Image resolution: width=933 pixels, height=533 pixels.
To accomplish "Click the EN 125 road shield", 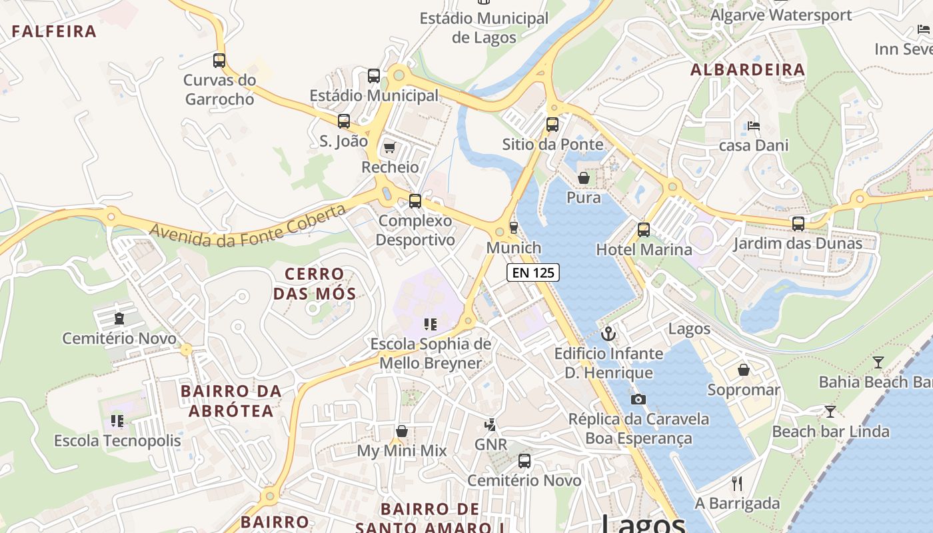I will (x=532, y=272).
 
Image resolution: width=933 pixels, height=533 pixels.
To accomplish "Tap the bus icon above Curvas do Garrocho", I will (x=219, y=60).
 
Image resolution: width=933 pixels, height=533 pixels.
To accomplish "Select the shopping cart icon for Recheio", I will (x=390, y=147).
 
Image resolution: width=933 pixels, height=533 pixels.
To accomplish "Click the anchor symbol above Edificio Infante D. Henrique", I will (x=608, y=333).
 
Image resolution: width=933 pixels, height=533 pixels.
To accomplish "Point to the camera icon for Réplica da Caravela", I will (x=638, y=399).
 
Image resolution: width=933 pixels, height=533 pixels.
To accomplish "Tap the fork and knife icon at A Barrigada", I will (x=737, y=483).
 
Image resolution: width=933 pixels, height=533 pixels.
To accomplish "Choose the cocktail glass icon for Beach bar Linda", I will (x=830, y=411).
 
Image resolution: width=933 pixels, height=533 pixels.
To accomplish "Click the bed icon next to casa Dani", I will (x=754, y=125).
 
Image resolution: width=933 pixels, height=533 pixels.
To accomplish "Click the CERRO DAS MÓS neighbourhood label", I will (x=315, y=283).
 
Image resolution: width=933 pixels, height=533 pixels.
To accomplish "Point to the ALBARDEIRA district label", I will (x=748, y=69).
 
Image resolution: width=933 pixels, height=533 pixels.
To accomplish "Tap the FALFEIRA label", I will (x=55, y=31).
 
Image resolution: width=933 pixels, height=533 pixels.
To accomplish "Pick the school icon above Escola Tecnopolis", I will (x=117, y=420).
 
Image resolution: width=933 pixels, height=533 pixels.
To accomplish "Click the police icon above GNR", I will (x=490, y=424).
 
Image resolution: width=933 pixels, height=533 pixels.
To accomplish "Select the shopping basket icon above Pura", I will (x=584, y=177).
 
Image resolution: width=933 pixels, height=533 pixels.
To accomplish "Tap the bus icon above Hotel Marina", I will (x=644, y=230).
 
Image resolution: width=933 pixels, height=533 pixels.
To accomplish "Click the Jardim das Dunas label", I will (x=798, y=243).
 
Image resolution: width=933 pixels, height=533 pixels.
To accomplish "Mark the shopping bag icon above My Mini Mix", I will (x=402, y=431).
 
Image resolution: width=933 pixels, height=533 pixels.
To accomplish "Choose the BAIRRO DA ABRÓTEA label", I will (x=231, y=400).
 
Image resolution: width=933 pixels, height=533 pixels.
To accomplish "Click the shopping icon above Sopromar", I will (x=744, y=369).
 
